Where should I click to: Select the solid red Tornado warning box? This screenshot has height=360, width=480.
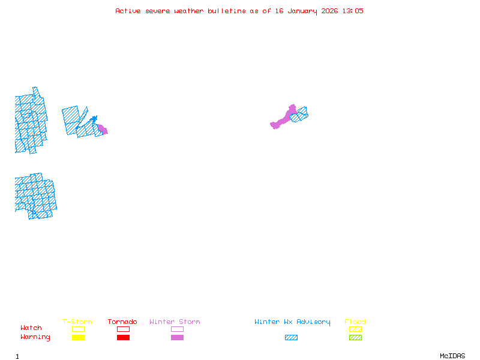[x=123, y=337]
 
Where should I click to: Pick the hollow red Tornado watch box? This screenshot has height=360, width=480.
[x=123, y=329]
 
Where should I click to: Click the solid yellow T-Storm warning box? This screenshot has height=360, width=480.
[x=78, y=337]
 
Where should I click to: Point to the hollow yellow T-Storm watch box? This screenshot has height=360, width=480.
[x=78, y=329]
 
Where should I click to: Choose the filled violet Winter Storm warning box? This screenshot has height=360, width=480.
[x=177, y=337]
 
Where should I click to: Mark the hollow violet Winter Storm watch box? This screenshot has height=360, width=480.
[x=177, y=329]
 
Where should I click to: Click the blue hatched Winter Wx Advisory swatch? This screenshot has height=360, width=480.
[x=291, y=337]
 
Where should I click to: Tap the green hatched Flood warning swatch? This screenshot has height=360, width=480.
[x=355, y=337]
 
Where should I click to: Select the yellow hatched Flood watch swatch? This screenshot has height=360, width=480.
[x=355, y=329]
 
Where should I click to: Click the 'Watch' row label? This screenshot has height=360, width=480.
[x=31, y=328]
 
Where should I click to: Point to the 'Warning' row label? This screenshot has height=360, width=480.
[x=35, y=337]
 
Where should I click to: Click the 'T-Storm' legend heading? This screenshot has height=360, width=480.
[x=77, y=322]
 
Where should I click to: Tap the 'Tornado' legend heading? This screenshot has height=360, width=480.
[x=122, y=322]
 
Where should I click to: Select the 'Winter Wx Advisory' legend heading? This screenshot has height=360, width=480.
[x=292, y=322]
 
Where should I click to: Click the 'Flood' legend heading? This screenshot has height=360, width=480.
[x=355, y=322]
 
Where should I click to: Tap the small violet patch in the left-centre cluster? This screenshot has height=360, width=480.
[x=103, y=129]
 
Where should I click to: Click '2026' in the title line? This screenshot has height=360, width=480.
[x=329, y=11]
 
